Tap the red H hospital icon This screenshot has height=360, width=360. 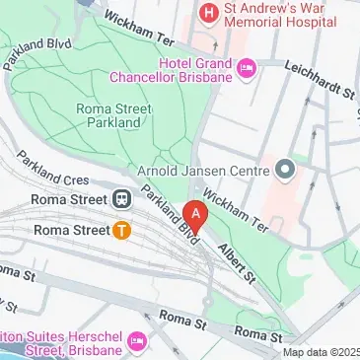(x=208, y=13)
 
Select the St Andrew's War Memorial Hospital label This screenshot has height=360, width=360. (x=273, y=13)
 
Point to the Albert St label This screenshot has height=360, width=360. (x=238, y=256)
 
